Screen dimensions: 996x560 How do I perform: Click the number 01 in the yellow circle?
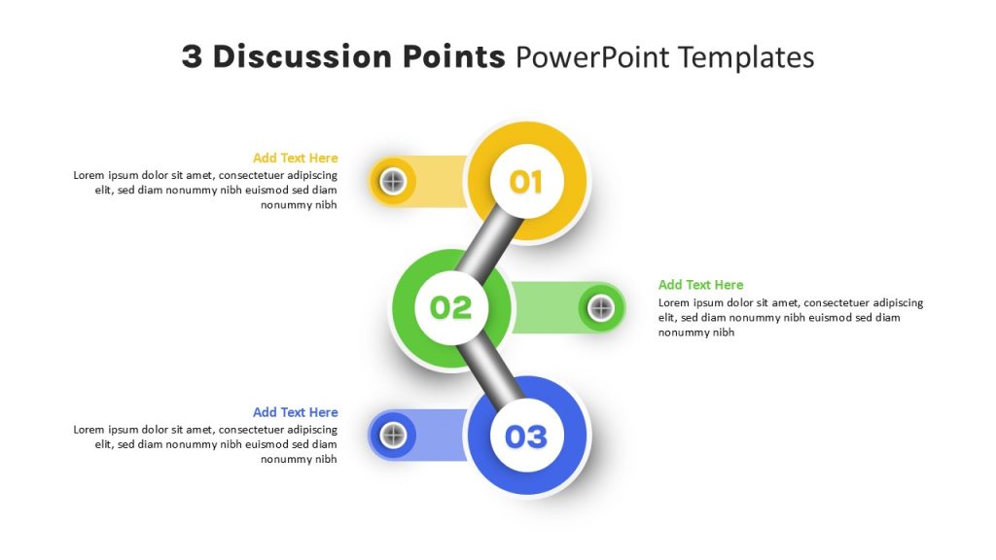click(526, 182)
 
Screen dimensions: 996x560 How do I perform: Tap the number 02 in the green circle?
click(451, 308)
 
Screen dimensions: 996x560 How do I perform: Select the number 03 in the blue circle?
click(526, 437)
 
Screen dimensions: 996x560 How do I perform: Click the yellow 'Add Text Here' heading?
click(296, 158)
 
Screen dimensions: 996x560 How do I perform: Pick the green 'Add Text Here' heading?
click(700, 285)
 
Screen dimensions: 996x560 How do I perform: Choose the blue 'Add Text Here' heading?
click(296, 412)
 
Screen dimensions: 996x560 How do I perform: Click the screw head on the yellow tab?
click(393, 182)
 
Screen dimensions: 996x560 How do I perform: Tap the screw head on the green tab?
click(601, 308)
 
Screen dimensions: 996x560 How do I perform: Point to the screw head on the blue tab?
click(393, 436)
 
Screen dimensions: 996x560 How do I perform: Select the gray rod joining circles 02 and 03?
click(489, 372)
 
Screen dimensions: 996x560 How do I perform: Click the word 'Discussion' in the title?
click(302, 56)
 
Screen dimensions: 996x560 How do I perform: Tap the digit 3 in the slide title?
click(192, 56)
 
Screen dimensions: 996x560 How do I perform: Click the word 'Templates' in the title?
click(746, 57)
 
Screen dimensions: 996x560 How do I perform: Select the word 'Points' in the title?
click(453, 56)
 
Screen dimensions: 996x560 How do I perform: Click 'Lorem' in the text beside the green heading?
click(673, 303)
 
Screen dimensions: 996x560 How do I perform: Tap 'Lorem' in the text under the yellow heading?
click(89, 175)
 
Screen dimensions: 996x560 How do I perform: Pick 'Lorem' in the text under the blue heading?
click(89, 430)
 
